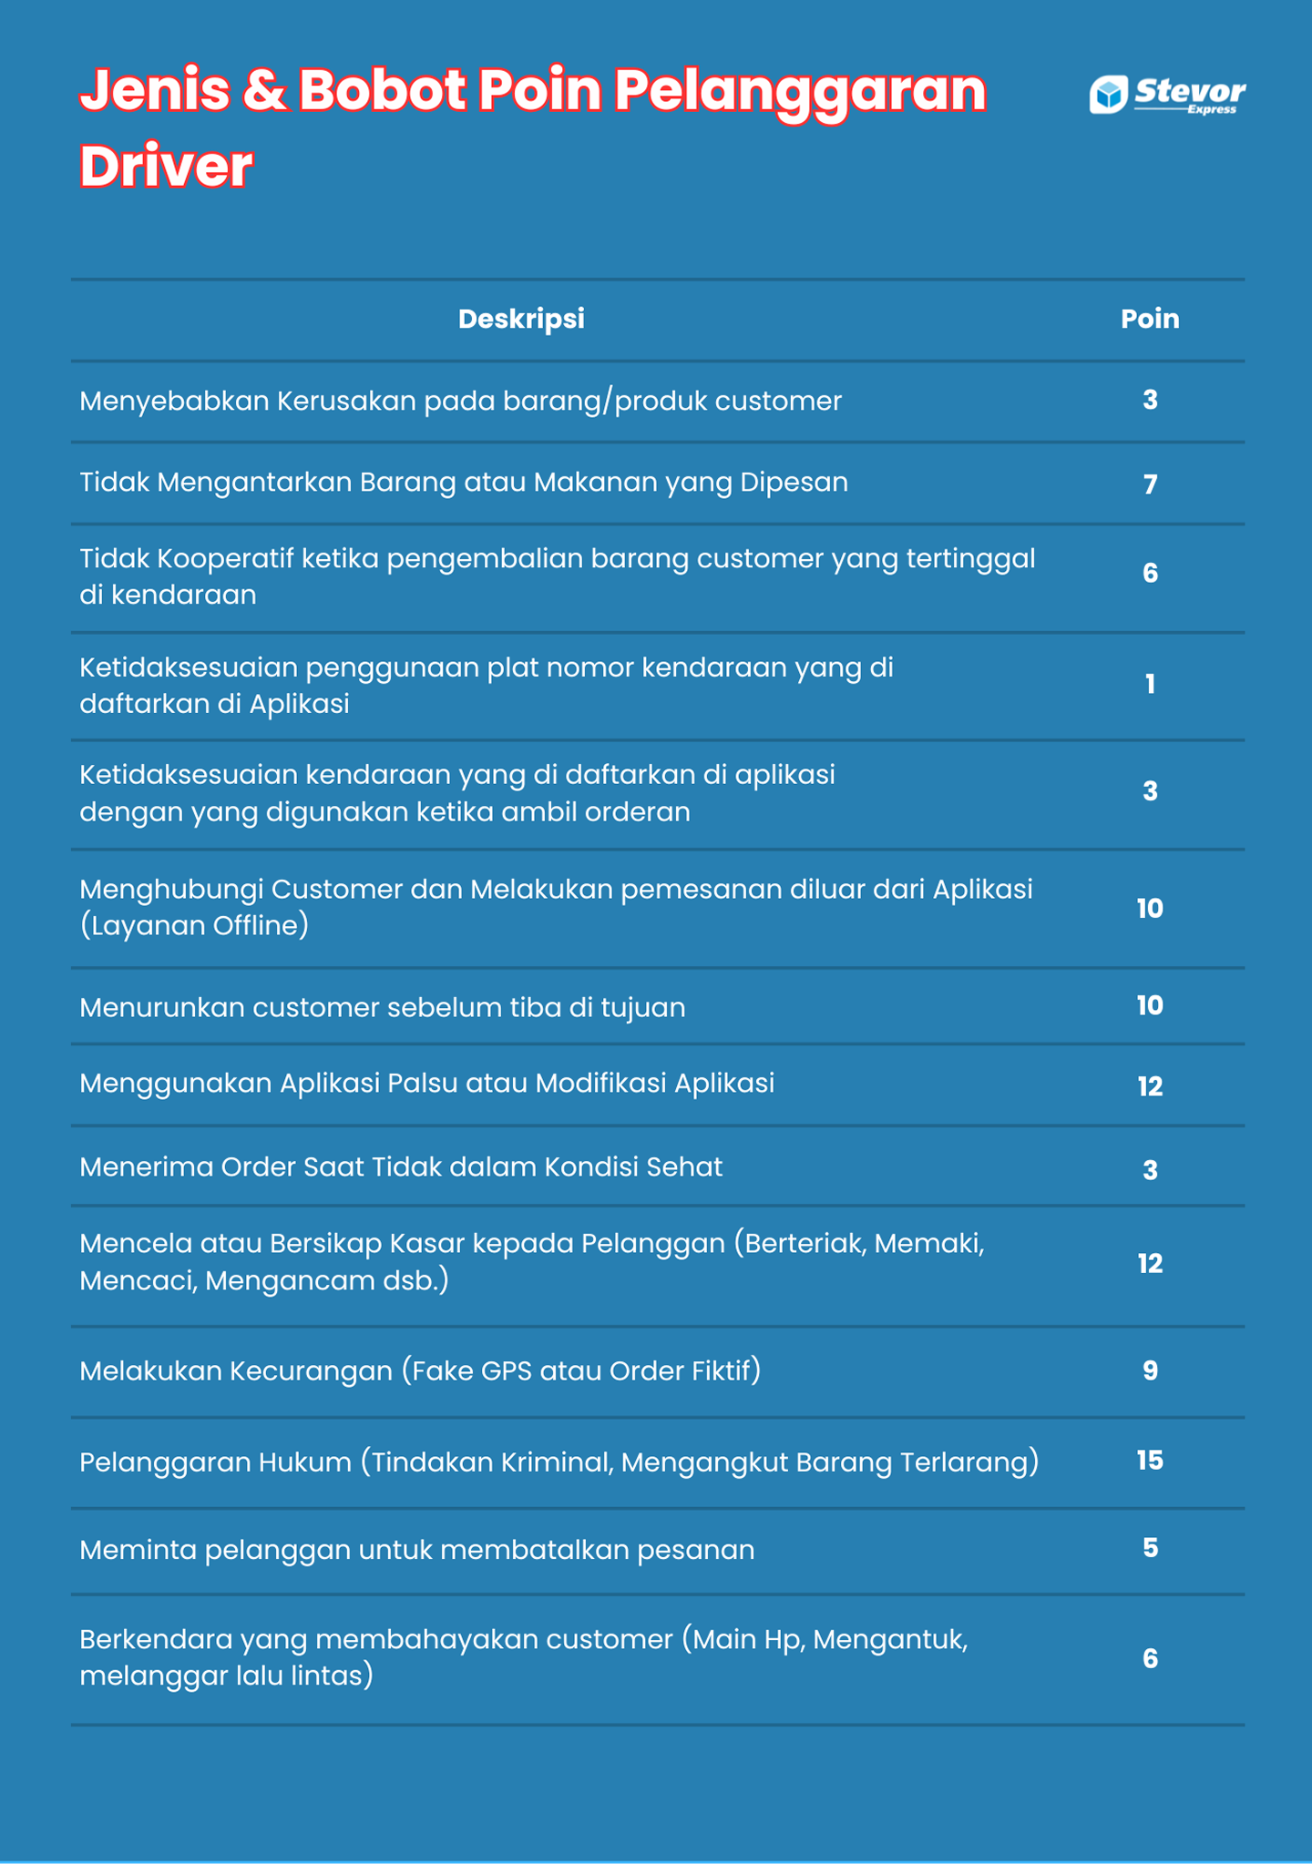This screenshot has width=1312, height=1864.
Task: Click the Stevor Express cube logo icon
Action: (1108, 95)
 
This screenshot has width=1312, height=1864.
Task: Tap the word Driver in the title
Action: (166, 167)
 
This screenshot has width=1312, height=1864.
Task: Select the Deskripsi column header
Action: (521, 319)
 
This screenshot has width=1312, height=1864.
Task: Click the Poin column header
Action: (1150, 319)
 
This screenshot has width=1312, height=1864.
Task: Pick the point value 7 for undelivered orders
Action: (1150, 484)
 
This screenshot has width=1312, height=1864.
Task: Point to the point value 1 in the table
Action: (1150, 684)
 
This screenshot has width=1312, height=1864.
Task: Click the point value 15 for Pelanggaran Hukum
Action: (1150, 1461)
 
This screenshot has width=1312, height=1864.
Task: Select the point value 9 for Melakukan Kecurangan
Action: (1150, 1370)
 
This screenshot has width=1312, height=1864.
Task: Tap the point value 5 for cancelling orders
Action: (1150, 1548)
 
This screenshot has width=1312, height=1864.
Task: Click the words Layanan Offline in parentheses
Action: (194, 926)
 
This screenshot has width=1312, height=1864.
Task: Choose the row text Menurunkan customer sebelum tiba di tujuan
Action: (382, 1007)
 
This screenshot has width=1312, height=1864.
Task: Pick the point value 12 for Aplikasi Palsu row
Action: (1150, 1085)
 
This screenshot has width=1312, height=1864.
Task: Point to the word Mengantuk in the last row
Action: (888, 1640)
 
